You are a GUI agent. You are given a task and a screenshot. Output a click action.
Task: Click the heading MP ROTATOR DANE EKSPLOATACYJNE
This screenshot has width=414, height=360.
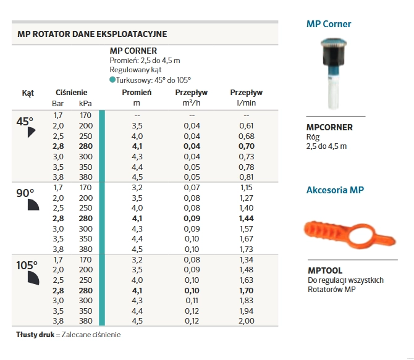(92, 34)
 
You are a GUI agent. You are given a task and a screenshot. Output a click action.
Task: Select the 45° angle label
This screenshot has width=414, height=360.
(25, 122)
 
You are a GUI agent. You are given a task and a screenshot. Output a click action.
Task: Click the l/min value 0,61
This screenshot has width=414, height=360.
(246, 125)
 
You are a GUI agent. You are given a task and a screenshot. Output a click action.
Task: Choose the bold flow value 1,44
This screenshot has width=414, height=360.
(246, 219)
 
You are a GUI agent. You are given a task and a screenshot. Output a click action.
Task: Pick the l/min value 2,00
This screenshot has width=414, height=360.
(246, 321)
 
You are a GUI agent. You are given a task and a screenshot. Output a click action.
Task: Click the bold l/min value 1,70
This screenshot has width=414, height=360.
(246, 290)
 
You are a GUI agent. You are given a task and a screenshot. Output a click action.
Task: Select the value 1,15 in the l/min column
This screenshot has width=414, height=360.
(246, 187)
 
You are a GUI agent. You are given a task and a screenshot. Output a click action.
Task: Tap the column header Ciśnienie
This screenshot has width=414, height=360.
(71, 93)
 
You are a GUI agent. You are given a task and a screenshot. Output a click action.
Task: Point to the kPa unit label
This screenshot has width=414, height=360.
(85, 103)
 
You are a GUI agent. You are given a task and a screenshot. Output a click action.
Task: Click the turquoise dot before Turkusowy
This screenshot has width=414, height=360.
(112, 80)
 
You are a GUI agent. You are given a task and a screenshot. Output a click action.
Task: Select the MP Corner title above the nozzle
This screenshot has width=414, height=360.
(329, 24)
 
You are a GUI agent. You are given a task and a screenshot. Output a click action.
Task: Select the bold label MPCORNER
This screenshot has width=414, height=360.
(330, 127)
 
